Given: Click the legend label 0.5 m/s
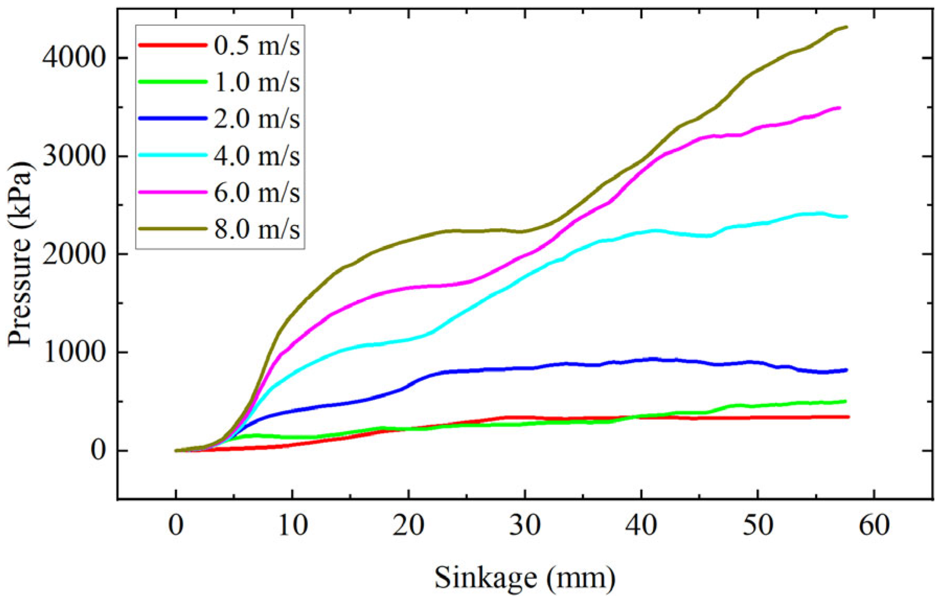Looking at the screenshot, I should coord(256,46).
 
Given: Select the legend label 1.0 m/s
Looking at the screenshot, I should coord(256,82).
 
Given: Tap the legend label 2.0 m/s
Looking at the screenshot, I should coord(256,119).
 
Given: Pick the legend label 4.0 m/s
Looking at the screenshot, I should coord(256,155).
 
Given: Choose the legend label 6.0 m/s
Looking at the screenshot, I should coord(256,193).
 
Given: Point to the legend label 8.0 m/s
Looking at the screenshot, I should coord(256,229).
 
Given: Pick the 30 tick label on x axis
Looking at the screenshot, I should coord(525,524).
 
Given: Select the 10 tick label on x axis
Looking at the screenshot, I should coord(292,524).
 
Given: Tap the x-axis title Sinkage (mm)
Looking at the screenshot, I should coord(525,578).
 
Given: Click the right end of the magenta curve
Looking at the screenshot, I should coord(839,108).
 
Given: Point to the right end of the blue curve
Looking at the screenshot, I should coord(846,370).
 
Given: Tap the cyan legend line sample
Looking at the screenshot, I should coord(173,155).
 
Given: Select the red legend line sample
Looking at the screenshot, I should coord(173,46).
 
